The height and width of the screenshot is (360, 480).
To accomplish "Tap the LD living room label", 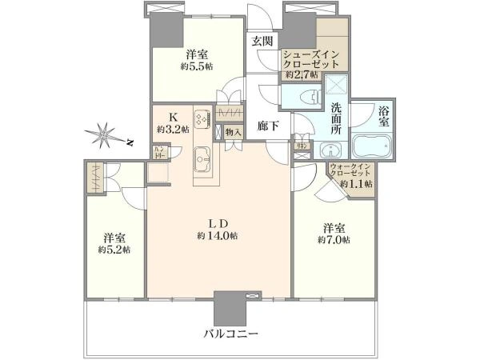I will (x=220, y=223).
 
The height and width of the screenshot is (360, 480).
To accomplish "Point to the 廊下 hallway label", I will (x=268, y=125).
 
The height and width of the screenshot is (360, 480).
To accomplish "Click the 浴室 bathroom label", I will (x=385, y=117).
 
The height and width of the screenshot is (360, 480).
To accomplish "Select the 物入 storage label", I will (x=234, y=133).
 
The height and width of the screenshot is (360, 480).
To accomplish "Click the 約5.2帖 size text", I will (x=114, y=250).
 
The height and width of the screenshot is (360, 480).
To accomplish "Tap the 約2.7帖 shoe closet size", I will (x=301, y=74).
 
